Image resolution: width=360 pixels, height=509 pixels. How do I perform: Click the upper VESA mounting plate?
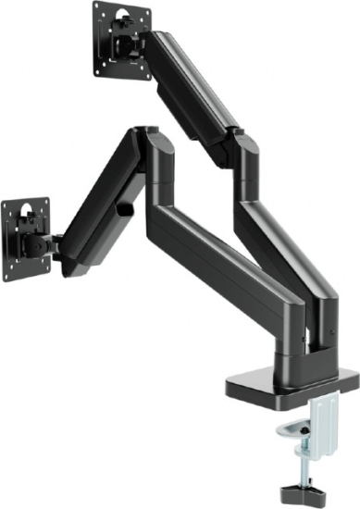coord(120,42)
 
